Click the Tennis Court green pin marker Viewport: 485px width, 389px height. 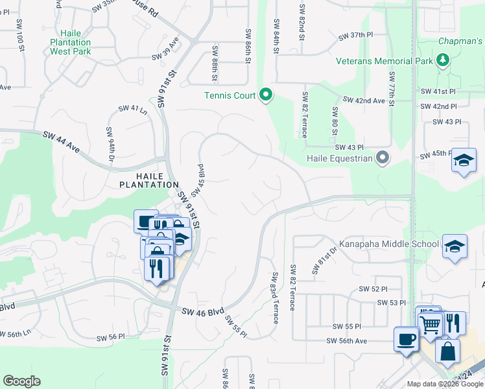[266, 95]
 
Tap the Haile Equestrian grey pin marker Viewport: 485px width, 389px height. [383, 158]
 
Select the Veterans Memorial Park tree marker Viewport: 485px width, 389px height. [443, 61]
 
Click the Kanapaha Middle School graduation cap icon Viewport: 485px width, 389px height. [455, 246]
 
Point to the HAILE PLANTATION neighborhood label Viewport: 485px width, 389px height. [148, 180]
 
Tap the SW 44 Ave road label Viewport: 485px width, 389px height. [61, 142]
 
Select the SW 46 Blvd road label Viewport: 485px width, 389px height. [202, 312]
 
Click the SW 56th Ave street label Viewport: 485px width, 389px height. [346, 341]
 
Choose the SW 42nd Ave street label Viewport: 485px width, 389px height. [364, 100]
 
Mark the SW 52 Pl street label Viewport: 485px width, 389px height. [374, 289]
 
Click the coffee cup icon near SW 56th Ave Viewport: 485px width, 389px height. [406, 338]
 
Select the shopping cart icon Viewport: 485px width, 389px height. [431, 324]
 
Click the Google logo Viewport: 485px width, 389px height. [21, 381]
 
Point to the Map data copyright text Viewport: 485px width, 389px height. [445, 384]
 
